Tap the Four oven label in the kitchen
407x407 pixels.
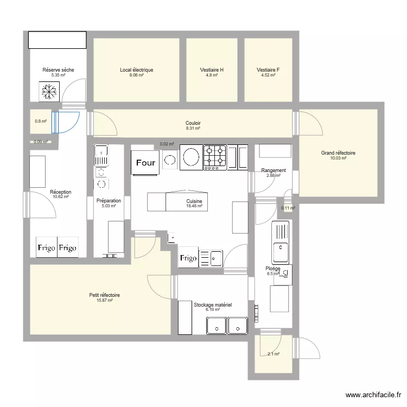145,162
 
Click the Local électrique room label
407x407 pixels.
136,70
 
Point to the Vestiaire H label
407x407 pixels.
212,70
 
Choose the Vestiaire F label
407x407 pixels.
268,70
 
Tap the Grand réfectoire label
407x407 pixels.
339,154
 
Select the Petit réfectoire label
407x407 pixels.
105,295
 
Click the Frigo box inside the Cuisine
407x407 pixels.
188,258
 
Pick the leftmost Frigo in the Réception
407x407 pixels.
47,248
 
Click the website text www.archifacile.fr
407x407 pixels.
372,395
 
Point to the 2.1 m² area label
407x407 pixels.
273,354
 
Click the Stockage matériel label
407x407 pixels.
213,305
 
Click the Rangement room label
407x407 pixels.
273,170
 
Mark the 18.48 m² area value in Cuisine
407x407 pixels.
194,206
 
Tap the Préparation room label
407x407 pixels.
109,200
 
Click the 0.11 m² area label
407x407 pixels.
288,208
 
